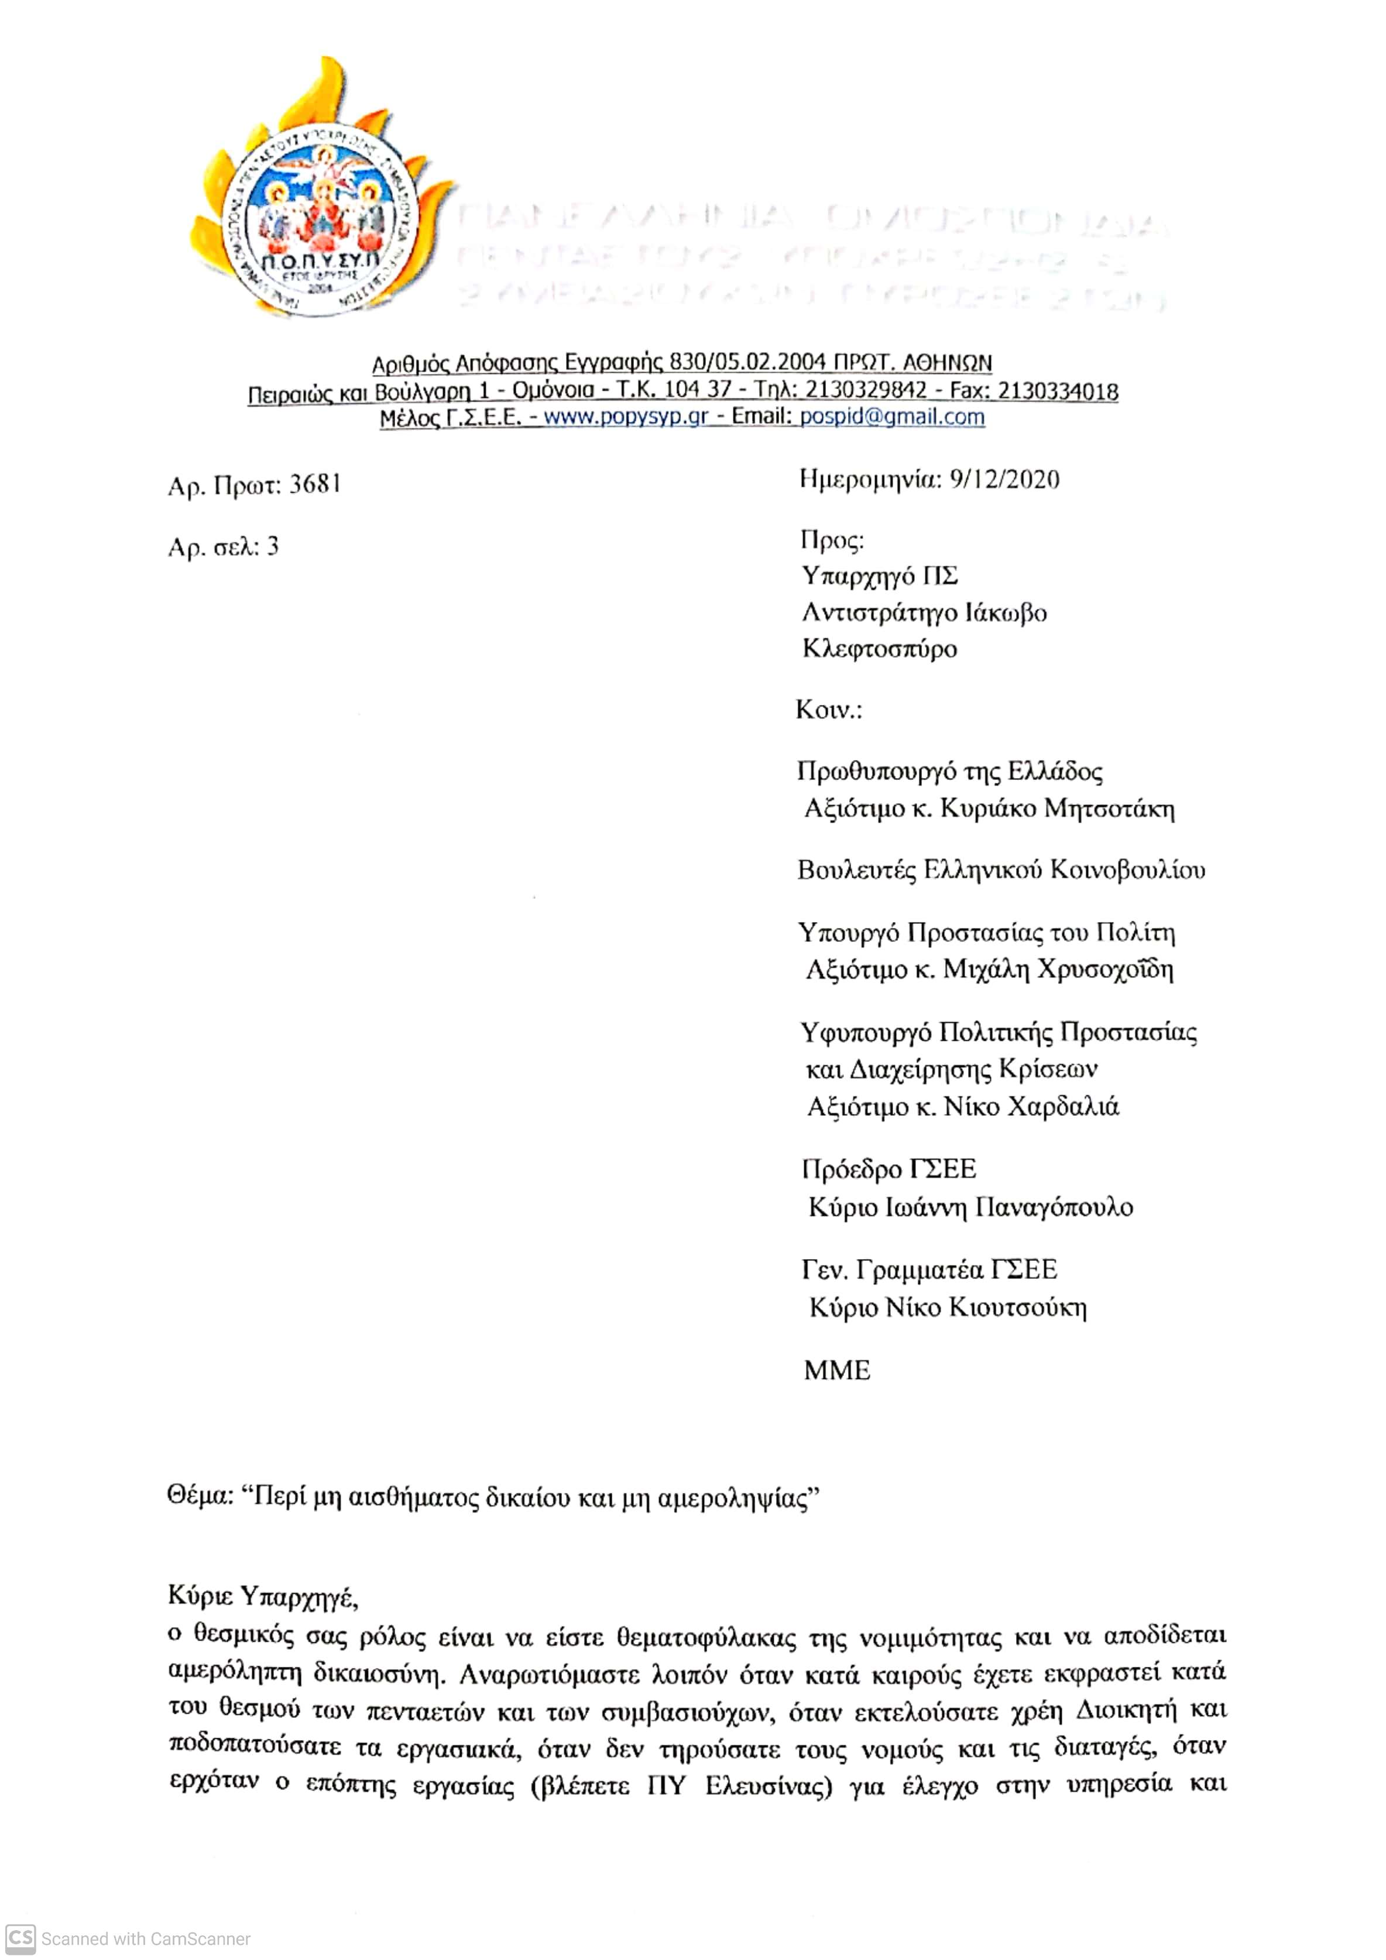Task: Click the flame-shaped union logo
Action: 320,192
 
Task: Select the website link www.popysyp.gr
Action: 626,417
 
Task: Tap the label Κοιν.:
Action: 828,709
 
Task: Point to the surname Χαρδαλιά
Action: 1063,1107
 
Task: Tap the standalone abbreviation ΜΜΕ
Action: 837,1370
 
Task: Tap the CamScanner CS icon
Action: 20,1939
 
